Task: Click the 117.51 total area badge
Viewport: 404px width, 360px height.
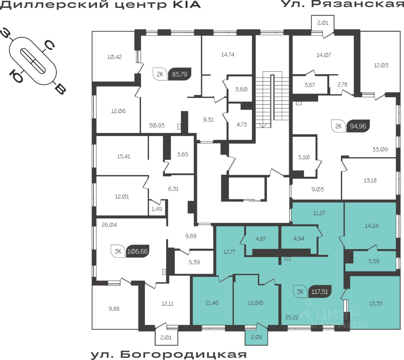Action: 320,291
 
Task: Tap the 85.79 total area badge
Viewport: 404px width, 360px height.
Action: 180,75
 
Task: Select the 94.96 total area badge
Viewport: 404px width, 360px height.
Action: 358,126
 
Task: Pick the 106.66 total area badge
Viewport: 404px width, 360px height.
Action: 137,251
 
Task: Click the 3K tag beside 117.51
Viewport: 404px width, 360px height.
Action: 300,291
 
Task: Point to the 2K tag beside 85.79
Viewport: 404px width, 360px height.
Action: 160,75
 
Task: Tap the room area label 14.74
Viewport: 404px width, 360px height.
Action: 228,55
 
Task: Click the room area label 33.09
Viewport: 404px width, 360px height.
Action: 380,149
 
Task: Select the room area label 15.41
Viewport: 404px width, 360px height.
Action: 123,156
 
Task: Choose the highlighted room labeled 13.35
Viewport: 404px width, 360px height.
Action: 376,303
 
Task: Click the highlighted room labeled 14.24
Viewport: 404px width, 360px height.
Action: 371,226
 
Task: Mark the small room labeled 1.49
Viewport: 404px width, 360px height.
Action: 157,209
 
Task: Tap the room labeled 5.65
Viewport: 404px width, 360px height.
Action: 182,154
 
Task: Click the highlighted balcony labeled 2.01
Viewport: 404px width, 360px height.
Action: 256,337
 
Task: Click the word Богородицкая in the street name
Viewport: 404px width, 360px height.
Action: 183,354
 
